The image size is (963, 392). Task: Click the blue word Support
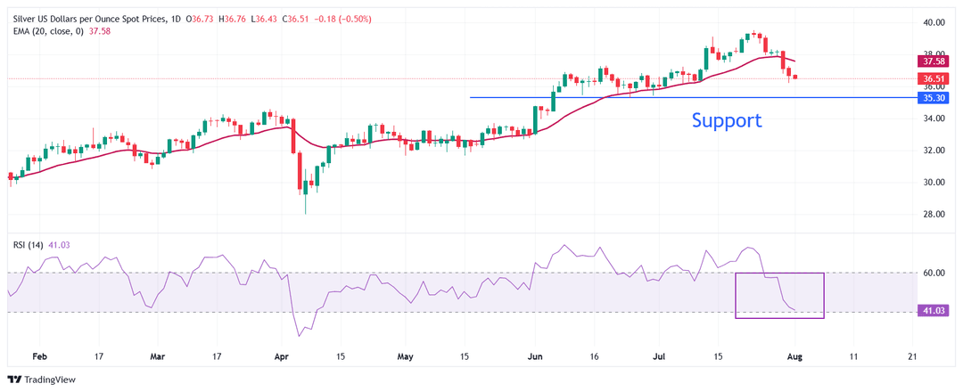(x=727, y=119)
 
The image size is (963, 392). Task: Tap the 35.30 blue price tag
(x=934, y=98)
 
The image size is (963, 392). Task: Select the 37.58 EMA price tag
(x=934, y=61)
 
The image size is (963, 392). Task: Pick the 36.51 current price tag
(x=934, y=78)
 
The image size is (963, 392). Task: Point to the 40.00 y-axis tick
(x=934, y=22)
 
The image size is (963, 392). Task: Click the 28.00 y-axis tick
(x=934, y=215)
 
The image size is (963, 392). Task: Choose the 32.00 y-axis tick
(x=934, y=151)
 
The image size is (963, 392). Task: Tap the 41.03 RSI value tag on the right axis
(x=934, y=312)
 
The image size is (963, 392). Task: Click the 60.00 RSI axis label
(x=934, y=273)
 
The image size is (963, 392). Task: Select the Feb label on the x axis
(x=39, y=355)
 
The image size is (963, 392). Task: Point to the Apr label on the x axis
(x=282, y=355)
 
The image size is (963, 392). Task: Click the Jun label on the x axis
(x=535, y=355)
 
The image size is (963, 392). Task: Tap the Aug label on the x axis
(x=794, y=355)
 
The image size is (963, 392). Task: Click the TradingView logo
(x=44, y=379)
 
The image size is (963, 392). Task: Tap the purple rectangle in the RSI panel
(x=779, y=295)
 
